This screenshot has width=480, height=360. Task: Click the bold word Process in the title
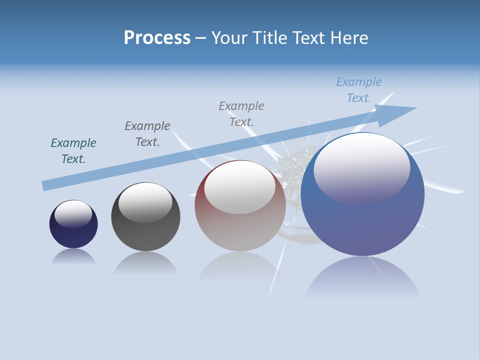[157, 38]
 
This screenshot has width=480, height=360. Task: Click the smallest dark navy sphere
[73, 231]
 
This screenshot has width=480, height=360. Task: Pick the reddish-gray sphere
[240, 225]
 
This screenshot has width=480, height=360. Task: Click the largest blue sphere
[362, 220]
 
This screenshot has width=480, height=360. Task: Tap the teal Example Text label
[73, 151]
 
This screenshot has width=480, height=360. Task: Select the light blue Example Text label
[359, 90]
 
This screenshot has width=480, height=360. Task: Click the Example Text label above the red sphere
[241, 113]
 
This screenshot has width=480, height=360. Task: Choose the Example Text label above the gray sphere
[147, 133]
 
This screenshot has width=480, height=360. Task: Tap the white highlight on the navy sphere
[73, 214]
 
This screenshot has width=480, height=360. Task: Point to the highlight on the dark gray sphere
[145, 202]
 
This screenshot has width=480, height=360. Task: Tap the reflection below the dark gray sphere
[145, 262]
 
